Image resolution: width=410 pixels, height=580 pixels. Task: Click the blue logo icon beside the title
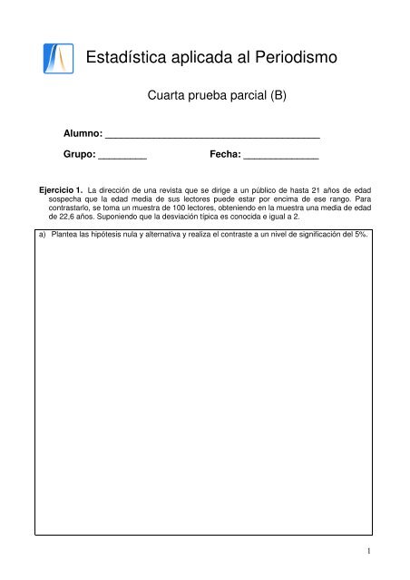(59, 59)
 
